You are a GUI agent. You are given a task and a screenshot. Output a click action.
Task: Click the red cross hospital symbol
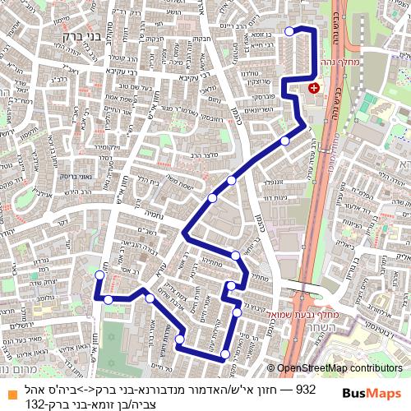coord(313,86)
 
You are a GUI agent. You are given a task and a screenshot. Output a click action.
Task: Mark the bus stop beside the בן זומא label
coord(289,31)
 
